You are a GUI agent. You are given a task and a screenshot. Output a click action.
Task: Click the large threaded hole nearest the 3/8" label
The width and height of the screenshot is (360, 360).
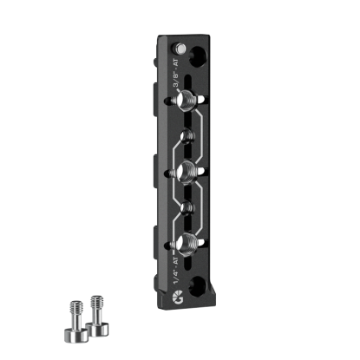coord(185,102)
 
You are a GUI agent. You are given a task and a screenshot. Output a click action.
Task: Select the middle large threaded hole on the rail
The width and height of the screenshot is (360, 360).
coord(185,170)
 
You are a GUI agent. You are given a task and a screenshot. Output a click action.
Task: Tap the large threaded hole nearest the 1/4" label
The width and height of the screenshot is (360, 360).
coord(185,241)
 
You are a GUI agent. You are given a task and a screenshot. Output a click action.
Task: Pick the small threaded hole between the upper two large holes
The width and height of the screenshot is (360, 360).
coord(185,137)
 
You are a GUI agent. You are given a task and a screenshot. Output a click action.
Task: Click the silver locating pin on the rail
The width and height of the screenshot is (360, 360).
coord(180,46)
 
